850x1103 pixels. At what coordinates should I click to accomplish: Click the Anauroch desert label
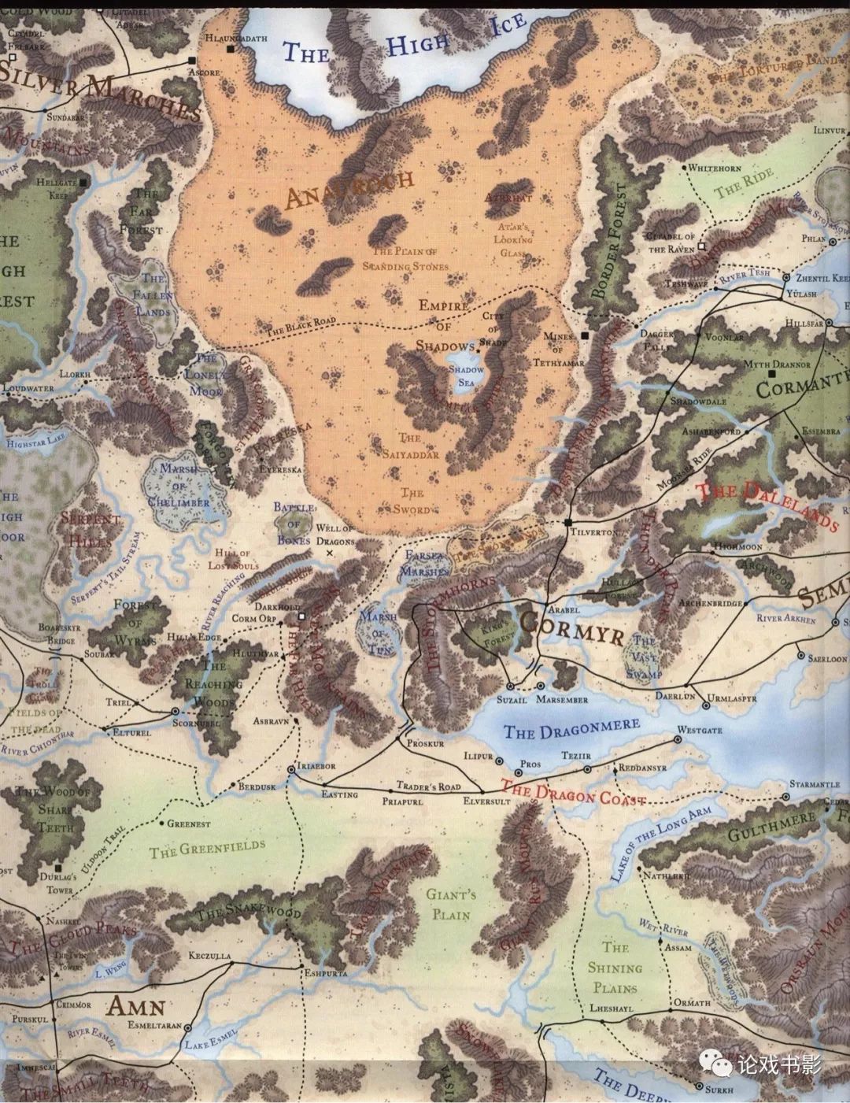click(x=349, y=189)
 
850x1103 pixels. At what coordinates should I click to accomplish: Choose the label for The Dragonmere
click(x=560, y=731)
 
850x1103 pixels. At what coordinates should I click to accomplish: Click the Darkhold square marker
click(x=301, y=616)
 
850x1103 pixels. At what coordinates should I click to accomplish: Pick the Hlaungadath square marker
click(x=230, y=49)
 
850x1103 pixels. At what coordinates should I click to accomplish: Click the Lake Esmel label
click(x=204, y=1046)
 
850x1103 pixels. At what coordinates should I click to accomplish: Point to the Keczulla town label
click(x=210, y=957)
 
